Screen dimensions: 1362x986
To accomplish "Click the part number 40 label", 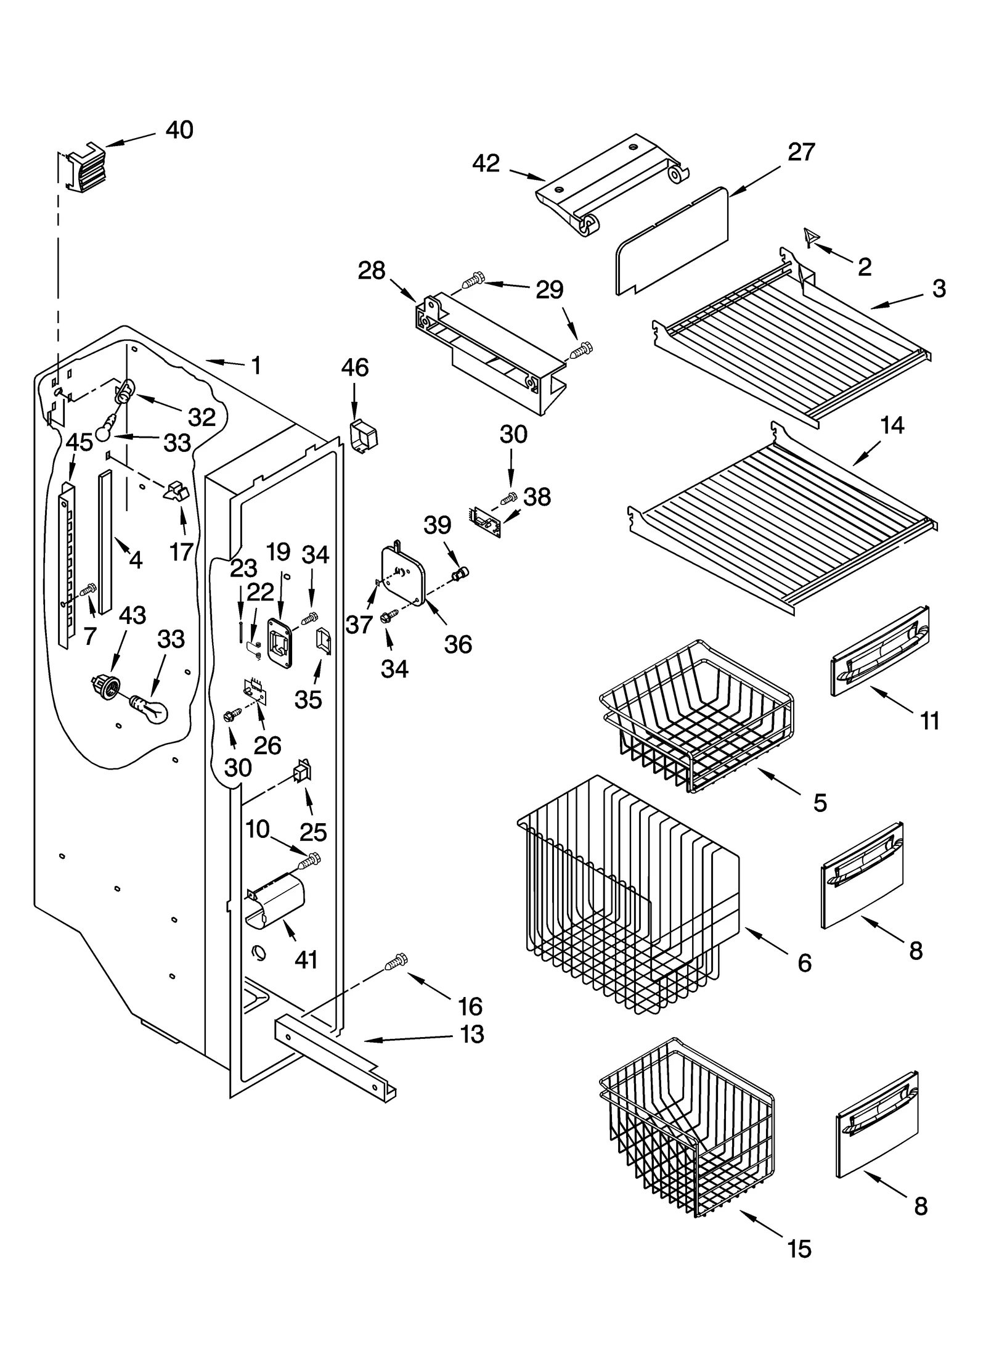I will [x=179, y=130].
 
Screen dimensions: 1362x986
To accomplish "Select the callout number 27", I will [x=801, y=152].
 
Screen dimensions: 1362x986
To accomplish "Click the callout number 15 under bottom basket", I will [x=799, y=1250].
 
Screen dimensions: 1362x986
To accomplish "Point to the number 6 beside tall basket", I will [x=804, y=962].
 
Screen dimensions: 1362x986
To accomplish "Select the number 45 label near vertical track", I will [x=79, y=442].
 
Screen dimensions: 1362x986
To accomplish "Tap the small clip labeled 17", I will [x=177, y=491].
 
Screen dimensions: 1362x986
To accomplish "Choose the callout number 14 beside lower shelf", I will [x=892, y=425].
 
